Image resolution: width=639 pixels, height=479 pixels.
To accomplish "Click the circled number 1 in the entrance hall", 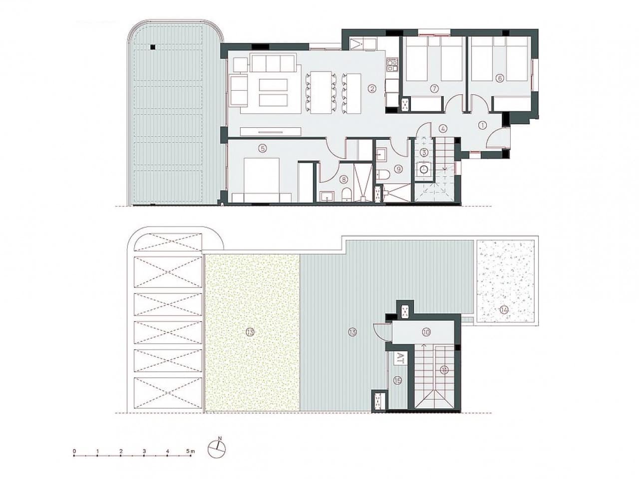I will click(x=482, y=126).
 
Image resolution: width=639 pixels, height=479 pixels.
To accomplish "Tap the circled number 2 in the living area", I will click(x=371, y=89).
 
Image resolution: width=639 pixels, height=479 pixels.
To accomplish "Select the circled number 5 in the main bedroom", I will click(x=262, y=148).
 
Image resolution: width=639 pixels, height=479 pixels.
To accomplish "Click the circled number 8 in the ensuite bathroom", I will click(x=343, y=179).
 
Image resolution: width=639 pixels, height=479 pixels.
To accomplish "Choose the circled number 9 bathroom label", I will click(x=398, y=169).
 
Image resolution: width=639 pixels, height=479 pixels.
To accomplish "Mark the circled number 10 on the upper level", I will click(x=426, y=332).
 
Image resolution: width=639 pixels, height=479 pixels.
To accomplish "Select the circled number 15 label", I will click(x=397, y=380).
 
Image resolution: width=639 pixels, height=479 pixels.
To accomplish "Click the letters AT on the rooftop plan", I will click(x=400, y=357).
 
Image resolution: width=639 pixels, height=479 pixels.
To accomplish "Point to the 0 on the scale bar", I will click(x=74, y=451).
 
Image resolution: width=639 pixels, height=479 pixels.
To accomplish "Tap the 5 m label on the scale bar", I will click(x=190, y=451).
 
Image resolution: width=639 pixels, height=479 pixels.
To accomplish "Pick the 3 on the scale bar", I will click(x=144, y=451).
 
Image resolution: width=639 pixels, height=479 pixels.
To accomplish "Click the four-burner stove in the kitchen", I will click(x=392, y=64).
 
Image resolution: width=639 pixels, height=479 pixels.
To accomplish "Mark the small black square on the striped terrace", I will click(x=153, y=47).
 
